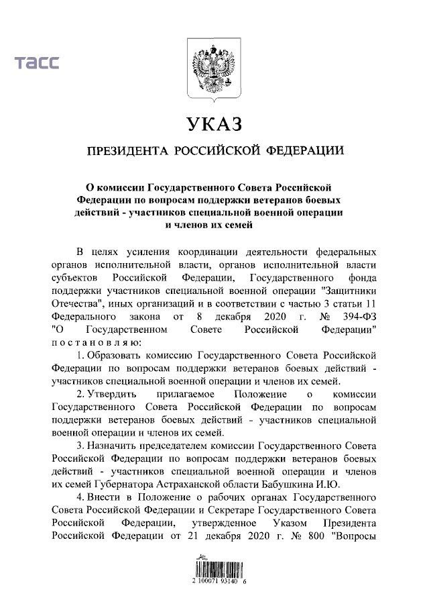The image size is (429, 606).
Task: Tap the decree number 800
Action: [311, 536]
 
